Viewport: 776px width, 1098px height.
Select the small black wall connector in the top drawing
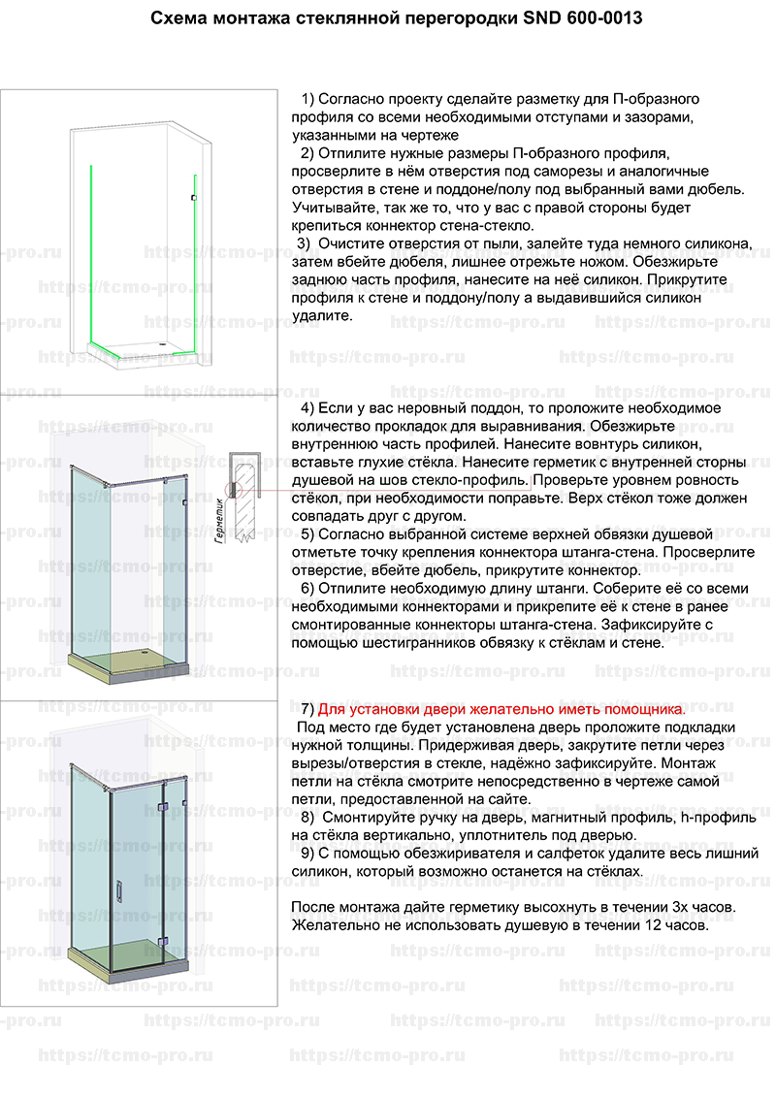coord(194,198)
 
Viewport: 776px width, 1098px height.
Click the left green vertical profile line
coord(90,252)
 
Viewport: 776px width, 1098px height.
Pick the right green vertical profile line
coord(195,262)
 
